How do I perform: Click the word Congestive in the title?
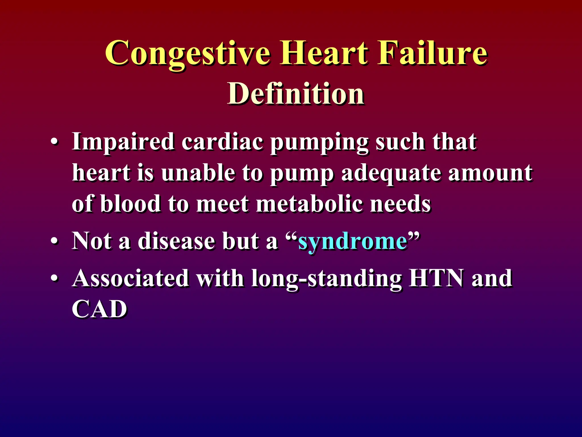tap(188, 53)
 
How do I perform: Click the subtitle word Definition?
tap(296, 93)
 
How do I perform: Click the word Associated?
tap(131, 278)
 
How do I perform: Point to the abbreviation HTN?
tap(436, 278)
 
